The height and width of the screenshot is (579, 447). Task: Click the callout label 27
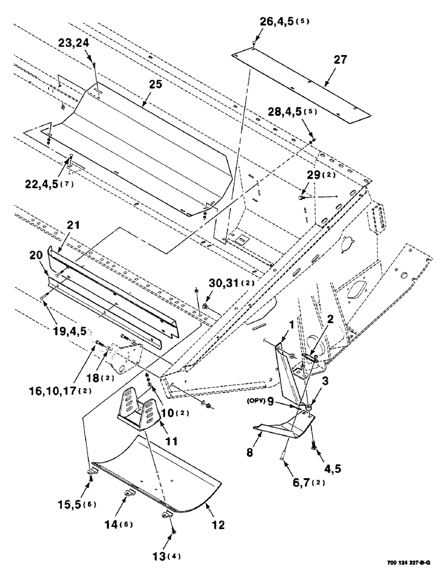pos(340,60)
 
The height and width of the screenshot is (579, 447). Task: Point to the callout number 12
pos(218,525)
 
